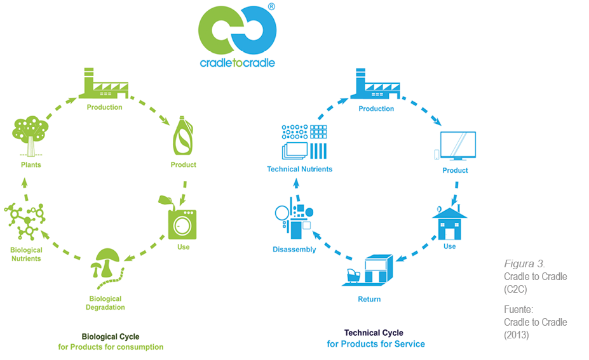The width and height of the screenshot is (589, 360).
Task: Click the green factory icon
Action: [x=104, y=84]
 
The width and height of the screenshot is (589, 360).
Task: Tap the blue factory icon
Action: [x=376, y=85]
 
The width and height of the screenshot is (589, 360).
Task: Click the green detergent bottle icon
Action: [x=183, y=136]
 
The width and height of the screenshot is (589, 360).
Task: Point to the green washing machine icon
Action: [x=182, y=223]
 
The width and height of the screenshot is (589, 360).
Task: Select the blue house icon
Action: [x=449, y=220]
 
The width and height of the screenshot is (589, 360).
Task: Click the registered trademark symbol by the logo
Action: [x=271, y=6]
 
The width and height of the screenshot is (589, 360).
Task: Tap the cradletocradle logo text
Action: [x=237, y=63]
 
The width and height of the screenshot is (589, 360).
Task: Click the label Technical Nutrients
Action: [x=299, y=170]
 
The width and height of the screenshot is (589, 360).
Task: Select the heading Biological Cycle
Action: [x=111, y=337]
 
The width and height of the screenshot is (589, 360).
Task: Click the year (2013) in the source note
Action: [x=517, y=335]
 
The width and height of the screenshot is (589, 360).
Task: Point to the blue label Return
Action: [x=369, y=299]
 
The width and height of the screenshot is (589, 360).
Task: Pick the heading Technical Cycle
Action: [x=374, y=333]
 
